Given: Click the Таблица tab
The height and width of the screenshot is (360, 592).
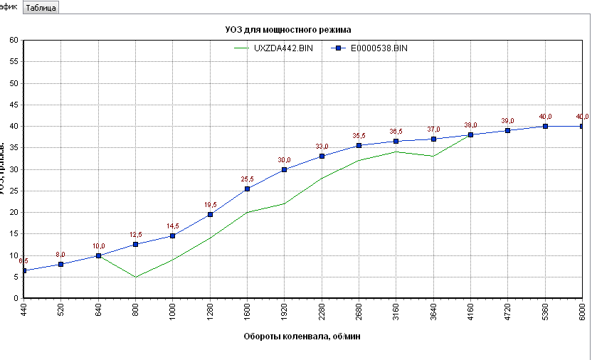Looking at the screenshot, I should coord(41,8).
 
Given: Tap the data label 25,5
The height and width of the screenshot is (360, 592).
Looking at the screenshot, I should coord(247,179).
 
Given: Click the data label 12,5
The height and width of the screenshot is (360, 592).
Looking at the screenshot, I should coord(135,235).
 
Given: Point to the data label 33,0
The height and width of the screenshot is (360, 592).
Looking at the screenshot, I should coord(322,146).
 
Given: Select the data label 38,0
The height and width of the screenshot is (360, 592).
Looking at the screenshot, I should coord(470,125).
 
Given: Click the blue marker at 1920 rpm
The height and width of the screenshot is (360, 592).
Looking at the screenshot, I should coord(285,169).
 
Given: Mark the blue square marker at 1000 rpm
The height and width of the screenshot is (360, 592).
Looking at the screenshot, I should coord(173,235).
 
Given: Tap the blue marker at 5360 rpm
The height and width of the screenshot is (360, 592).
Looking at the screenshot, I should coord(545,126).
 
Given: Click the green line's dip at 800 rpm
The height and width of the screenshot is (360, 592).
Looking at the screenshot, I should coord(135,277).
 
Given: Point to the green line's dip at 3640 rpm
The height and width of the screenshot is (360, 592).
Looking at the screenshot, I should coord(433,156).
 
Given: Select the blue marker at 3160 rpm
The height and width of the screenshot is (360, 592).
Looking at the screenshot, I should coord(396,141).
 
